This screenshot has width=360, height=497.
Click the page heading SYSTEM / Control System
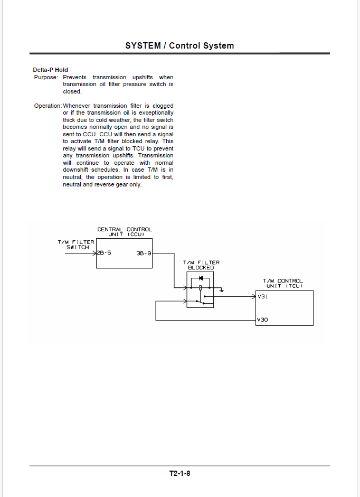(179, 45)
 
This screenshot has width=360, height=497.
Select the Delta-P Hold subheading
(50, 70)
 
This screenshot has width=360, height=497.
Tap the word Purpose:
(46, 77)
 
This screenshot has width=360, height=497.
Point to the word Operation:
(48, 106)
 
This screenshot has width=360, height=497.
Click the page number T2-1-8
(179, 474)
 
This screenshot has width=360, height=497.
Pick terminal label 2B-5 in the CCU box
(105, 253)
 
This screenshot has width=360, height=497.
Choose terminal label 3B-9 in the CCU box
(144, 254)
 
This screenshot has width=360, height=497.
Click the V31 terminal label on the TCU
(263, 297)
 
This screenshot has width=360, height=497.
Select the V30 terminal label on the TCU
(262, 320)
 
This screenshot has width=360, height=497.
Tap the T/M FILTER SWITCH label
(76, 245)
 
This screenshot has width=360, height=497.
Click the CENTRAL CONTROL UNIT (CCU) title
(125, 232)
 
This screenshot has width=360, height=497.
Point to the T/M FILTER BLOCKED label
(201, 265)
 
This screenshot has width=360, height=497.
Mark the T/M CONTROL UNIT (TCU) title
(283, 284)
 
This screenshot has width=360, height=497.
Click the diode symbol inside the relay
(201, 278)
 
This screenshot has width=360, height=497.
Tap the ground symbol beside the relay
(222, 290)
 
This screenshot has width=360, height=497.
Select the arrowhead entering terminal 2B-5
(95, 254)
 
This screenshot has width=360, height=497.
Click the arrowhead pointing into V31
(254, 297)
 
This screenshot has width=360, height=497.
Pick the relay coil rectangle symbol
(200, 288)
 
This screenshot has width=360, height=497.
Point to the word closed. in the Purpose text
(72, 91)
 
